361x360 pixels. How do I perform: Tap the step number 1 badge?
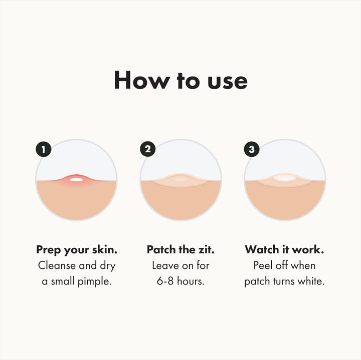pos(44,149)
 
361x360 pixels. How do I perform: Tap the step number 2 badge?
pos(148,149)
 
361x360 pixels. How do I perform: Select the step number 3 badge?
pos(252,149)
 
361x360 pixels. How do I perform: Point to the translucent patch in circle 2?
pos(180,180)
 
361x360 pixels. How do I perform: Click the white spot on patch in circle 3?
pos(285,177)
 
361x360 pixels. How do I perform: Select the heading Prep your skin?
pos(76,249)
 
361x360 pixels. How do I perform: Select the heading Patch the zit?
pos(180,249)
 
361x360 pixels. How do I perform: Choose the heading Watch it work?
pos(284,249)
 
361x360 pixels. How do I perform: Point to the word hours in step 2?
pos(192,281)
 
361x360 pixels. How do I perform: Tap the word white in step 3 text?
pos(312,281)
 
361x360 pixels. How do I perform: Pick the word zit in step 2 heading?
pos(206,249)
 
